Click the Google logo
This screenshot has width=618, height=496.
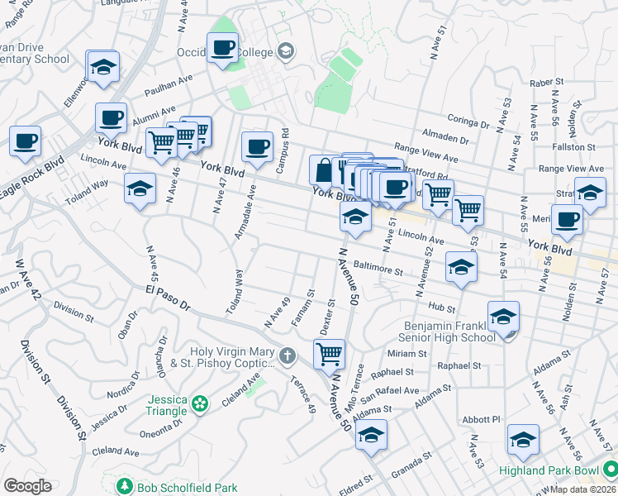tap(27, 486)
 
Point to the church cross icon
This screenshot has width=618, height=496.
tap(287, 356)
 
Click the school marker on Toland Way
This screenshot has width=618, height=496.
tap(140, 189)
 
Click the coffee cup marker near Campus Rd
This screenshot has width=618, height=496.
tap(257, 147)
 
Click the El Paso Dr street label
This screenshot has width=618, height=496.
tap(169, 298)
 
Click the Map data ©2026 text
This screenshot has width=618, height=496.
tap(583, 489)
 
